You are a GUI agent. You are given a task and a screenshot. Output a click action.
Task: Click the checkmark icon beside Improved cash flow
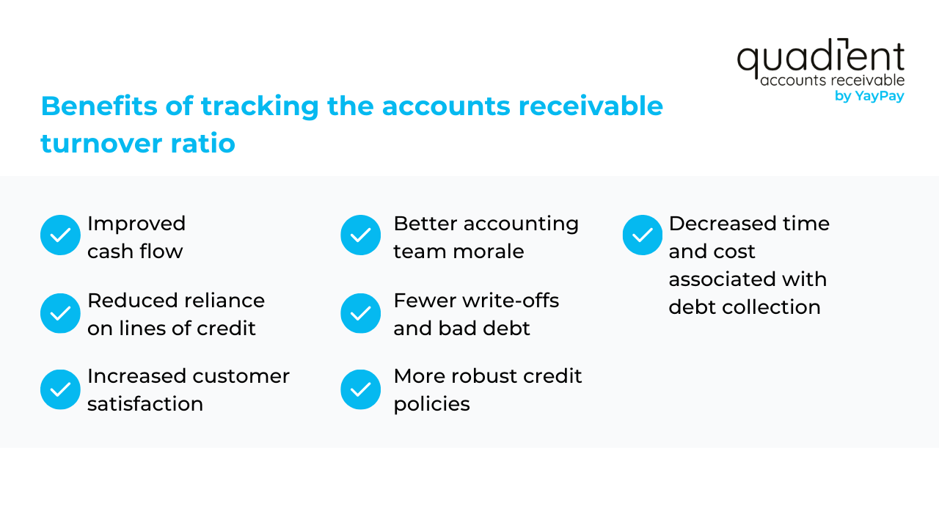[60, 235]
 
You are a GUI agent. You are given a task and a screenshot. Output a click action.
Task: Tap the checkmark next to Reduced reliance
[60, 313]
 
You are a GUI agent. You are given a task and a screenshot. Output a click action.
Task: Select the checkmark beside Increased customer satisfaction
[60, 389]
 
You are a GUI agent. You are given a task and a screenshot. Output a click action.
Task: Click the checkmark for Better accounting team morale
[360, 235]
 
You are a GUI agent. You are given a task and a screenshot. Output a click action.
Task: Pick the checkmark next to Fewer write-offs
[360, 313]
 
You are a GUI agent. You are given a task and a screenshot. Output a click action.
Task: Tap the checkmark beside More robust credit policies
[360, 389]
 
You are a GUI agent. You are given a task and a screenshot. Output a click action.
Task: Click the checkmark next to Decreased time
[642, 235]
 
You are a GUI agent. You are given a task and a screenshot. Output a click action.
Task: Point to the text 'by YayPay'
[869, 96]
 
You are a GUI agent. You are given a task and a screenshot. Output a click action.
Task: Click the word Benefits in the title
[99, 106]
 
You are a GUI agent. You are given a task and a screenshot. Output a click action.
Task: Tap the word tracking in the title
[260, 106]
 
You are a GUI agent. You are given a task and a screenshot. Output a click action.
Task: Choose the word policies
[432, 404]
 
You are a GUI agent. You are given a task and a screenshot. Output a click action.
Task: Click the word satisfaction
[145, 404]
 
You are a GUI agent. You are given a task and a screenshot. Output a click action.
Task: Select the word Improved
[136, 224]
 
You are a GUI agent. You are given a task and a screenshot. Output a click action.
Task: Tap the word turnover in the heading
[101, 143]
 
